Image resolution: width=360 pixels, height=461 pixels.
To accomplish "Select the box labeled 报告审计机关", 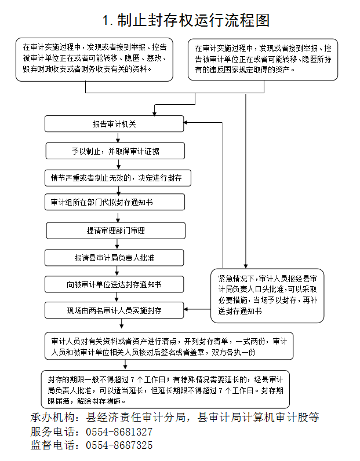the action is (x=114, y=124).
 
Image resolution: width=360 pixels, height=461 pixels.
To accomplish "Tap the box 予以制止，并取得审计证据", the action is (x=115, y=151).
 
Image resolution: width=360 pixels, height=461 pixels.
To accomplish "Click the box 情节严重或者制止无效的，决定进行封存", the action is (x=118, y=178).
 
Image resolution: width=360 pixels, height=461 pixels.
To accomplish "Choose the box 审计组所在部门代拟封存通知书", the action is (x=115, y=202).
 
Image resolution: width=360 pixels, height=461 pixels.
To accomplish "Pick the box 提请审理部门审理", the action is (x=116, y=231).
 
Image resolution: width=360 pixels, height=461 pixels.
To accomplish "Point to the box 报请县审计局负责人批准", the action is (x=114, y=258).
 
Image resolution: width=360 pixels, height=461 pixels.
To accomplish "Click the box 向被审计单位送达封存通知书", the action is (x=114, y=284).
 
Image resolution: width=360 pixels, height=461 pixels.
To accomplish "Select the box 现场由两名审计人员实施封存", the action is (x=114, y=310).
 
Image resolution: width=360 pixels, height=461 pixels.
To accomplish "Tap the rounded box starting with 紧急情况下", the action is (x=267, y=295).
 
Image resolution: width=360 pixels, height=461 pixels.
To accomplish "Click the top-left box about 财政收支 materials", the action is (x=94, y=60).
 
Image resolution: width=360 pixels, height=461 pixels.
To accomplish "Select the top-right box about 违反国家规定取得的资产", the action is (x=263, y=60).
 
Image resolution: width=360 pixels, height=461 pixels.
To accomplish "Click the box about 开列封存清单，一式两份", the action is (x=169, y=346).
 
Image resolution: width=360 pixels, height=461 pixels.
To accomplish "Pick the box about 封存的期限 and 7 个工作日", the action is (x=165, y=389).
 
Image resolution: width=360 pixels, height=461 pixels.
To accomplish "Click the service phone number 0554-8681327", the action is (x=119, y=432).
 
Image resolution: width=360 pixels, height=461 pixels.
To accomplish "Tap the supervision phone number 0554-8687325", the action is (x=119, y=445).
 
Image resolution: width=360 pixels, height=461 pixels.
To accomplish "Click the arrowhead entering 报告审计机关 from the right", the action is (x=186, y=122).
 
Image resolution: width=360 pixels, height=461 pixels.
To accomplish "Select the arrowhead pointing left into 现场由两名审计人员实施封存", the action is (x=186, y=309).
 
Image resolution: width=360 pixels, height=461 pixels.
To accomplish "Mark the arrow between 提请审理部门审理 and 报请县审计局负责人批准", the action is (x=117, y=244).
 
